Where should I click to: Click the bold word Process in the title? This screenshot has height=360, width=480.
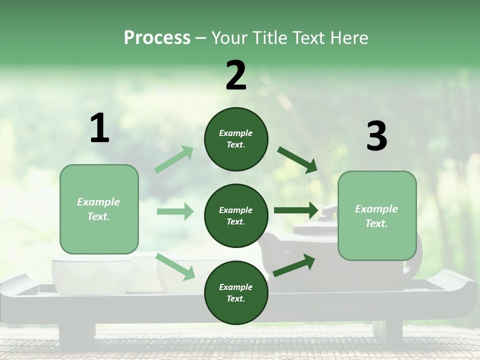[157, 38]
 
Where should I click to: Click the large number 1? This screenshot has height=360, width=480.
[99, 128]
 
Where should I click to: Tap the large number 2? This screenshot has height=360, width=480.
[236, 76]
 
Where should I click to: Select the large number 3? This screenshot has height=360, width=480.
[377, 136]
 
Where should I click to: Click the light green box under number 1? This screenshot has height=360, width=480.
[99, 209]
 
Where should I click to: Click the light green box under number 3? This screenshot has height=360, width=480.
[377, 215]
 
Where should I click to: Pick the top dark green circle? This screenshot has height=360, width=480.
[236, 139]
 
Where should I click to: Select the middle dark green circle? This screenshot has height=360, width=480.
[236, 215]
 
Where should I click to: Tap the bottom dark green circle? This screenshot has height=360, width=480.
[236, 292]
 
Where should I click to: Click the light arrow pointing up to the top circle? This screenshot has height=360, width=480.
[174, 159]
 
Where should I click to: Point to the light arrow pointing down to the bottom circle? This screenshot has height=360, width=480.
[175, 266]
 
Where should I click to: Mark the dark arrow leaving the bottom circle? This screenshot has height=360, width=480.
[294, 265]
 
